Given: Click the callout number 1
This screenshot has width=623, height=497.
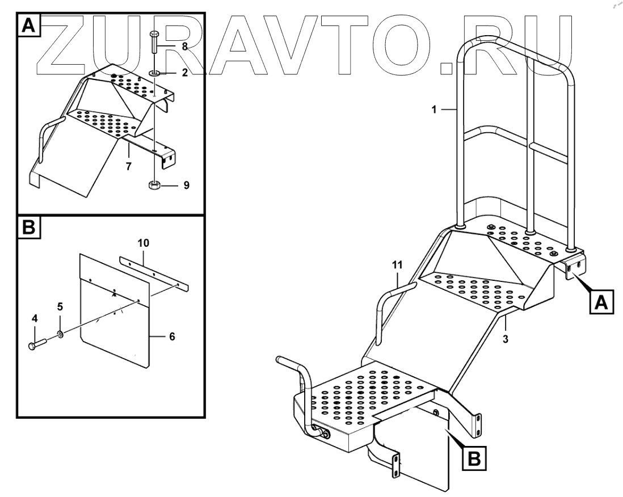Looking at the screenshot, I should (433, 109).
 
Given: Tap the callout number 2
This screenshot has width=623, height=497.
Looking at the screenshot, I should (184, 73).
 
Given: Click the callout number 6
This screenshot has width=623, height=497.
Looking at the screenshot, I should (172, 336).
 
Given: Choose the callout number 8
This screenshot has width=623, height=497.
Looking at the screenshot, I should (184, 47).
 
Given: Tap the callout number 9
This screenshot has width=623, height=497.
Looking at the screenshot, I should (187, 184).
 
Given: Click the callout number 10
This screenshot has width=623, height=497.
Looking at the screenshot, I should (143, 243).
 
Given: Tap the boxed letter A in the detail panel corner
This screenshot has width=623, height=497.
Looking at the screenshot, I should (29, 25).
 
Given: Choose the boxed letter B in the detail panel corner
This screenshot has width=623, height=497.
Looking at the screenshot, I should (29, 228).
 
